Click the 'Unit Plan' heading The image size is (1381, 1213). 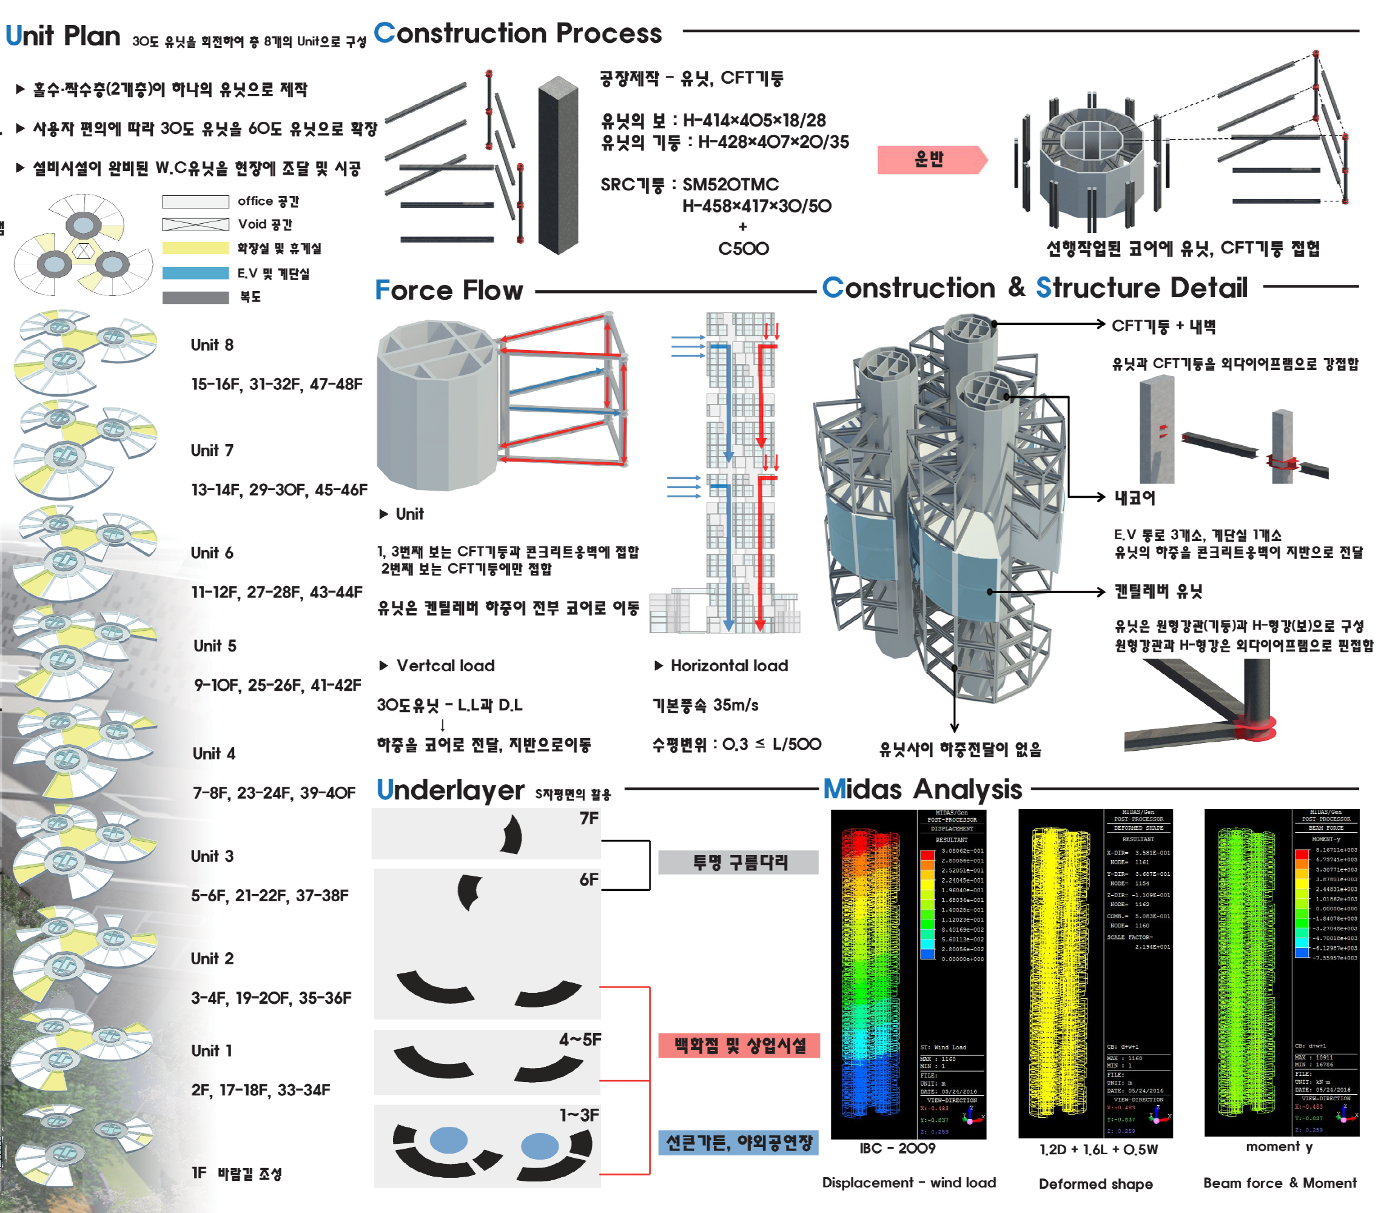point(63,35)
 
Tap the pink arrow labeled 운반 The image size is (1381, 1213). point(930,160)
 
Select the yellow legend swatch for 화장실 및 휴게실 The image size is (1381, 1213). point(195,248)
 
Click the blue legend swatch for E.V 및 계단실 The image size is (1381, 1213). point(195,273)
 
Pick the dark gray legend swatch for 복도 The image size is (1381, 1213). point(195,297)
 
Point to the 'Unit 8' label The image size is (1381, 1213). point(212,344)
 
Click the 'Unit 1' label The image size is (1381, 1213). point(212,1050)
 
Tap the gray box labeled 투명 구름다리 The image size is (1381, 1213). point(739,862)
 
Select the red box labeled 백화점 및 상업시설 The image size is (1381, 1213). point(739,1046)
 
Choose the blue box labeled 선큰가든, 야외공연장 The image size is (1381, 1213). point(739,1142)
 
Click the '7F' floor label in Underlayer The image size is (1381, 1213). point(588,818)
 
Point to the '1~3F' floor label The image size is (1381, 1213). point(579,1115)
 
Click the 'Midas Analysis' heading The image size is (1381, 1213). point(922,788)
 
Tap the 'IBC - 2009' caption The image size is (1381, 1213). point(897,1148)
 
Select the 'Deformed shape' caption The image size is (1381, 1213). point(1095,1183)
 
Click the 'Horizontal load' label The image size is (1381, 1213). point(729,665)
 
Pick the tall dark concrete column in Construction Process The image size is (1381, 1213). point(558,166)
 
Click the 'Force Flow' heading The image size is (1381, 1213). point(449,290)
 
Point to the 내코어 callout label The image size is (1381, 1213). point(1135,498)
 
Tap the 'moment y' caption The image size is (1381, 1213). point(1279,1146)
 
